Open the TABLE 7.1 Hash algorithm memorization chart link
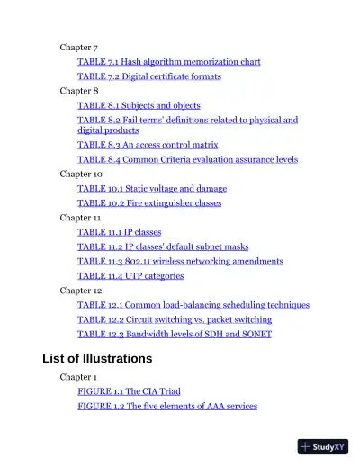pos(168,62)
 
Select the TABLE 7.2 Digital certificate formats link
pos(148,76)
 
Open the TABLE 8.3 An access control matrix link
pos(148,144)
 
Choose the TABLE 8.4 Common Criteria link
pos(187,159)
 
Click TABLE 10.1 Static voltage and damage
pos(152,188)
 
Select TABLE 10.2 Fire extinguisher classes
pos(149,203)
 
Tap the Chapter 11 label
pos(80,218)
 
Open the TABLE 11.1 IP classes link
pos(120,232)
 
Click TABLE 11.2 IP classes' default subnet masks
pos(163,246)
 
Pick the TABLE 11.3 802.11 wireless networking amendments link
pos(180,261)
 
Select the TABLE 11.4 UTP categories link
pos(130,276)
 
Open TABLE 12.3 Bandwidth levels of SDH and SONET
pos(175,334)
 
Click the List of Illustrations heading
pos(97,359)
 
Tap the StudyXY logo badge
pos(322,445)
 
